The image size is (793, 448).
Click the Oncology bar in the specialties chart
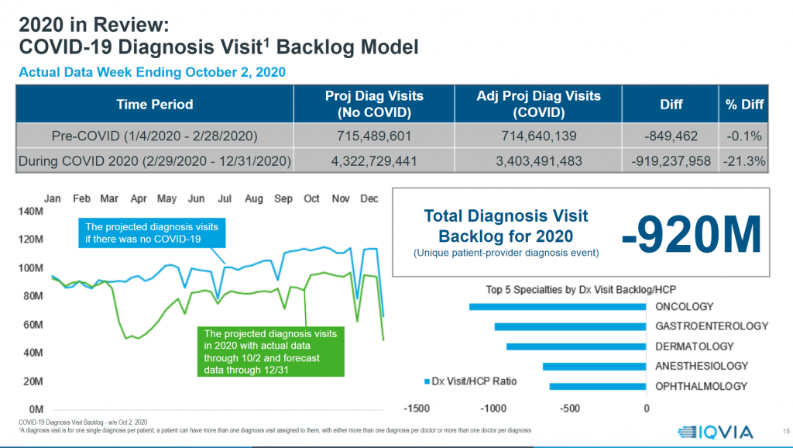558,307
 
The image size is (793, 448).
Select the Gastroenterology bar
570,326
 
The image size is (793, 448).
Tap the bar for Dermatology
576,346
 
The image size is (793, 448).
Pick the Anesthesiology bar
594,366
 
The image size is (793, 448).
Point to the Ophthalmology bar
598,386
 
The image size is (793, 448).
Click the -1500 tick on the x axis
418,408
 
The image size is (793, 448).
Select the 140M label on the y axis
31,211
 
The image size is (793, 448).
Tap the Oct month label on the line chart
311,199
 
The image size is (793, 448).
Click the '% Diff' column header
743,104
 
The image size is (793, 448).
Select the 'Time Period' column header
155,104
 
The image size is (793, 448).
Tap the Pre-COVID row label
155,136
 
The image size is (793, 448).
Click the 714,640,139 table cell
539,136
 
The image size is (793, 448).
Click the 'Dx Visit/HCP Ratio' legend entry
472,381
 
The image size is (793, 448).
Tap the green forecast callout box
271,352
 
